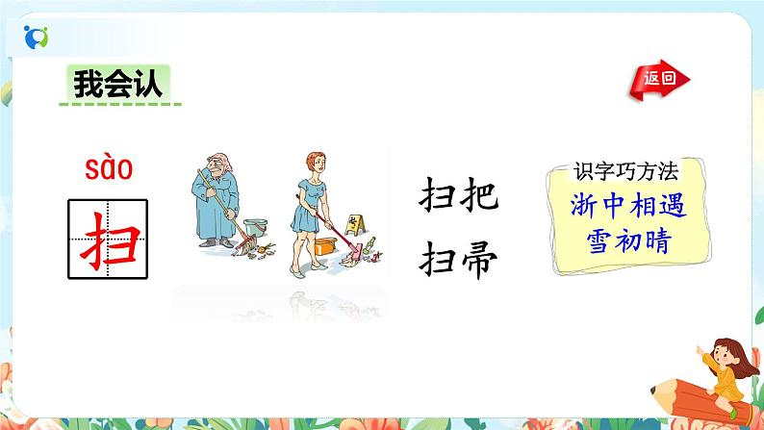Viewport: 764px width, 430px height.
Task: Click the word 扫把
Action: click(x=458, y=197)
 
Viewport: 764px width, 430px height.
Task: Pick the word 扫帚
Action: click(x=458, y=255)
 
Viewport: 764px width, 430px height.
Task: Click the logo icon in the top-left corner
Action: click(x=36, y=35)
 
